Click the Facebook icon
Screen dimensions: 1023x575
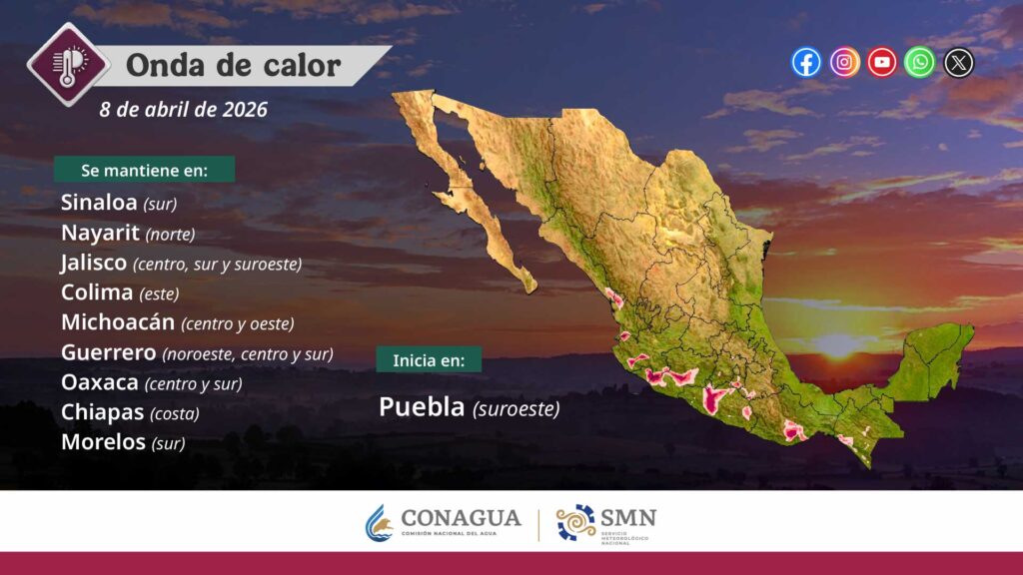point(806,63)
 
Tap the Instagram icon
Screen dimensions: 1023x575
point(844,63)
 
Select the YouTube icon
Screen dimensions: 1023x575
point(882,63)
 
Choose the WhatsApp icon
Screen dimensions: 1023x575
point(920,63)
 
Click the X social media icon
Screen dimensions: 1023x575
point(958,63)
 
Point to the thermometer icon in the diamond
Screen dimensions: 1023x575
point(68,65)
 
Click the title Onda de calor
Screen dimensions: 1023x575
point(233,65)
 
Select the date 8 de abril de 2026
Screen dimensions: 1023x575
point(184,109)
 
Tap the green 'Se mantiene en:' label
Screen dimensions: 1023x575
point(144,170)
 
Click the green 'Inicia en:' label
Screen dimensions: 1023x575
point(429,359)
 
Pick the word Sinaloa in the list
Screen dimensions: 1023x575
point(99,202)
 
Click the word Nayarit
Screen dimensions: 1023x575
point(100,232)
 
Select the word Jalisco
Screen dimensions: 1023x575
point(93,263)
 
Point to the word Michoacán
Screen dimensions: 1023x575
point(118,321)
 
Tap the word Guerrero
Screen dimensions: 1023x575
point(108,352)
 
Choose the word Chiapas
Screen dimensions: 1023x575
point(103,412)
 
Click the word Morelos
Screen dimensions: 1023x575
point(103,442)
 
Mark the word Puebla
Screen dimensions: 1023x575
point(422,407)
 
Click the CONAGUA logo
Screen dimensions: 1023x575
point(444,521)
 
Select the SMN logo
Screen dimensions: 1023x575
point(606,523)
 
